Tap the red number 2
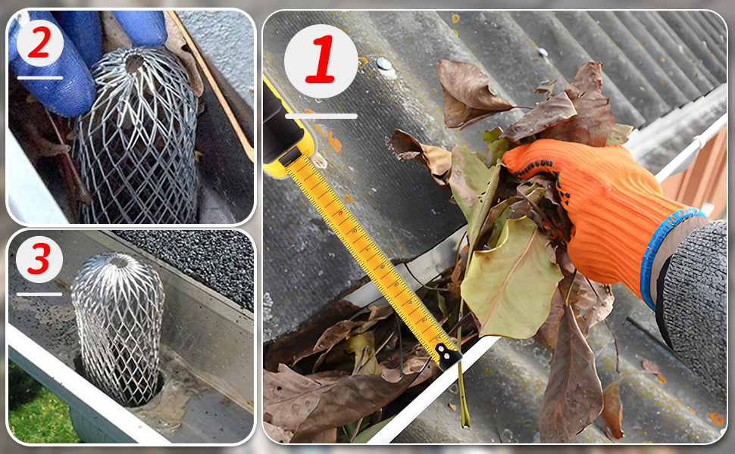click(39, 42)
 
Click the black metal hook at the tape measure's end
click(447, 355)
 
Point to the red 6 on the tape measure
click(341, 213)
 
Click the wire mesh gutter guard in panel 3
click(118, 328)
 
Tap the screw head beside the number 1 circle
click(384, 64)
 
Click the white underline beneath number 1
click(321, 116)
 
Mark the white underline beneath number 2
click(40, 78)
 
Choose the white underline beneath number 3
click(39, 294)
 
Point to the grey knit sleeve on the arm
click(694, 300)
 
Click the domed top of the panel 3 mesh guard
click(120, 263)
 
